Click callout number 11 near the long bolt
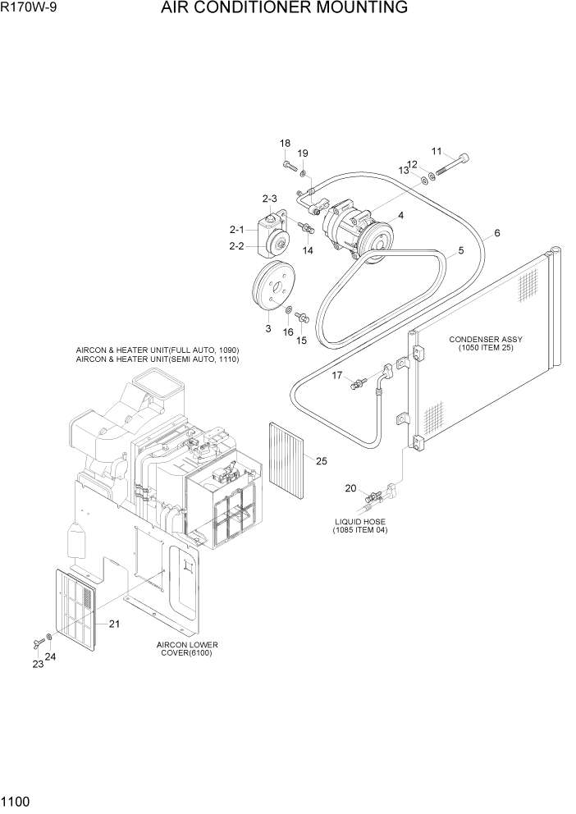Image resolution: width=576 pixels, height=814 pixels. click(x=437, y=151)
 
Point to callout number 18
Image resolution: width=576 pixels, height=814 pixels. click(x=285, y=144)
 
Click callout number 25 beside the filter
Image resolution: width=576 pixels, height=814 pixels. click(x=322, y=461)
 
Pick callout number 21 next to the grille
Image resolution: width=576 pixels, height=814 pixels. click(x=114, y=624)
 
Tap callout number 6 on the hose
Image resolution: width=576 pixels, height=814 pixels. click(x=496, y=233)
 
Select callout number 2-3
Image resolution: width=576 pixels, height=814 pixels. click(x=270, y=199)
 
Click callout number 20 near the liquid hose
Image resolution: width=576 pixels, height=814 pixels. click(x=350, y=488)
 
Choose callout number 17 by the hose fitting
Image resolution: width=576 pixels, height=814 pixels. click(x=336, y=375)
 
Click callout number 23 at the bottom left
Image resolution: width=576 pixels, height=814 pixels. click(x=38, y=665)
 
